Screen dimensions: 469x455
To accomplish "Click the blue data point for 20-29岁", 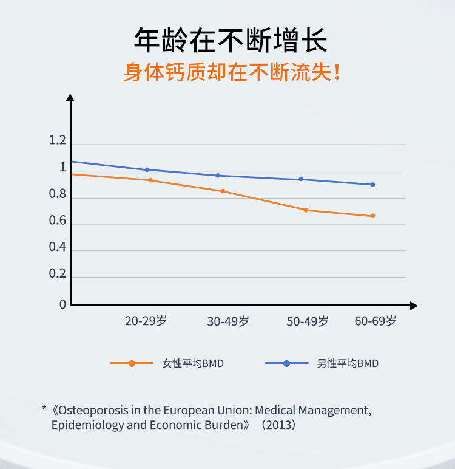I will point(147,169).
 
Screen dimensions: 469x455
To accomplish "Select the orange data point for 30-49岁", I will point(223,191).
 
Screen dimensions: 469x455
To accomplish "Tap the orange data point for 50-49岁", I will point(306,210).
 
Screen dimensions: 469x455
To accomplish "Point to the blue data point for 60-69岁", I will point(372,185).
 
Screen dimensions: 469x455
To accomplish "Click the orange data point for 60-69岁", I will point(373,216).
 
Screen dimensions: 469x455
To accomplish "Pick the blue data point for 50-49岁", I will point(301,179).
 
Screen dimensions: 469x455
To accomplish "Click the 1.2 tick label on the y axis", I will point(57,141).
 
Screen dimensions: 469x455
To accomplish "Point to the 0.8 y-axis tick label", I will point(57,194).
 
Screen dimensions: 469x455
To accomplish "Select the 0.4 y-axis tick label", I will point(57,247).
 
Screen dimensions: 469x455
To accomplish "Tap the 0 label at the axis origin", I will point(62,304).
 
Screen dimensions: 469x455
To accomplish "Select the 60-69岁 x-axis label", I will point(376,321).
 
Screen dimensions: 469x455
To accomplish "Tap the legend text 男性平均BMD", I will point(348,363).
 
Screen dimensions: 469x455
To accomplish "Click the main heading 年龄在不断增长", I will point(230,41).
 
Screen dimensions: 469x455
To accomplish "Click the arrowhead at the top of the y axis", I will point(70,97).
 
